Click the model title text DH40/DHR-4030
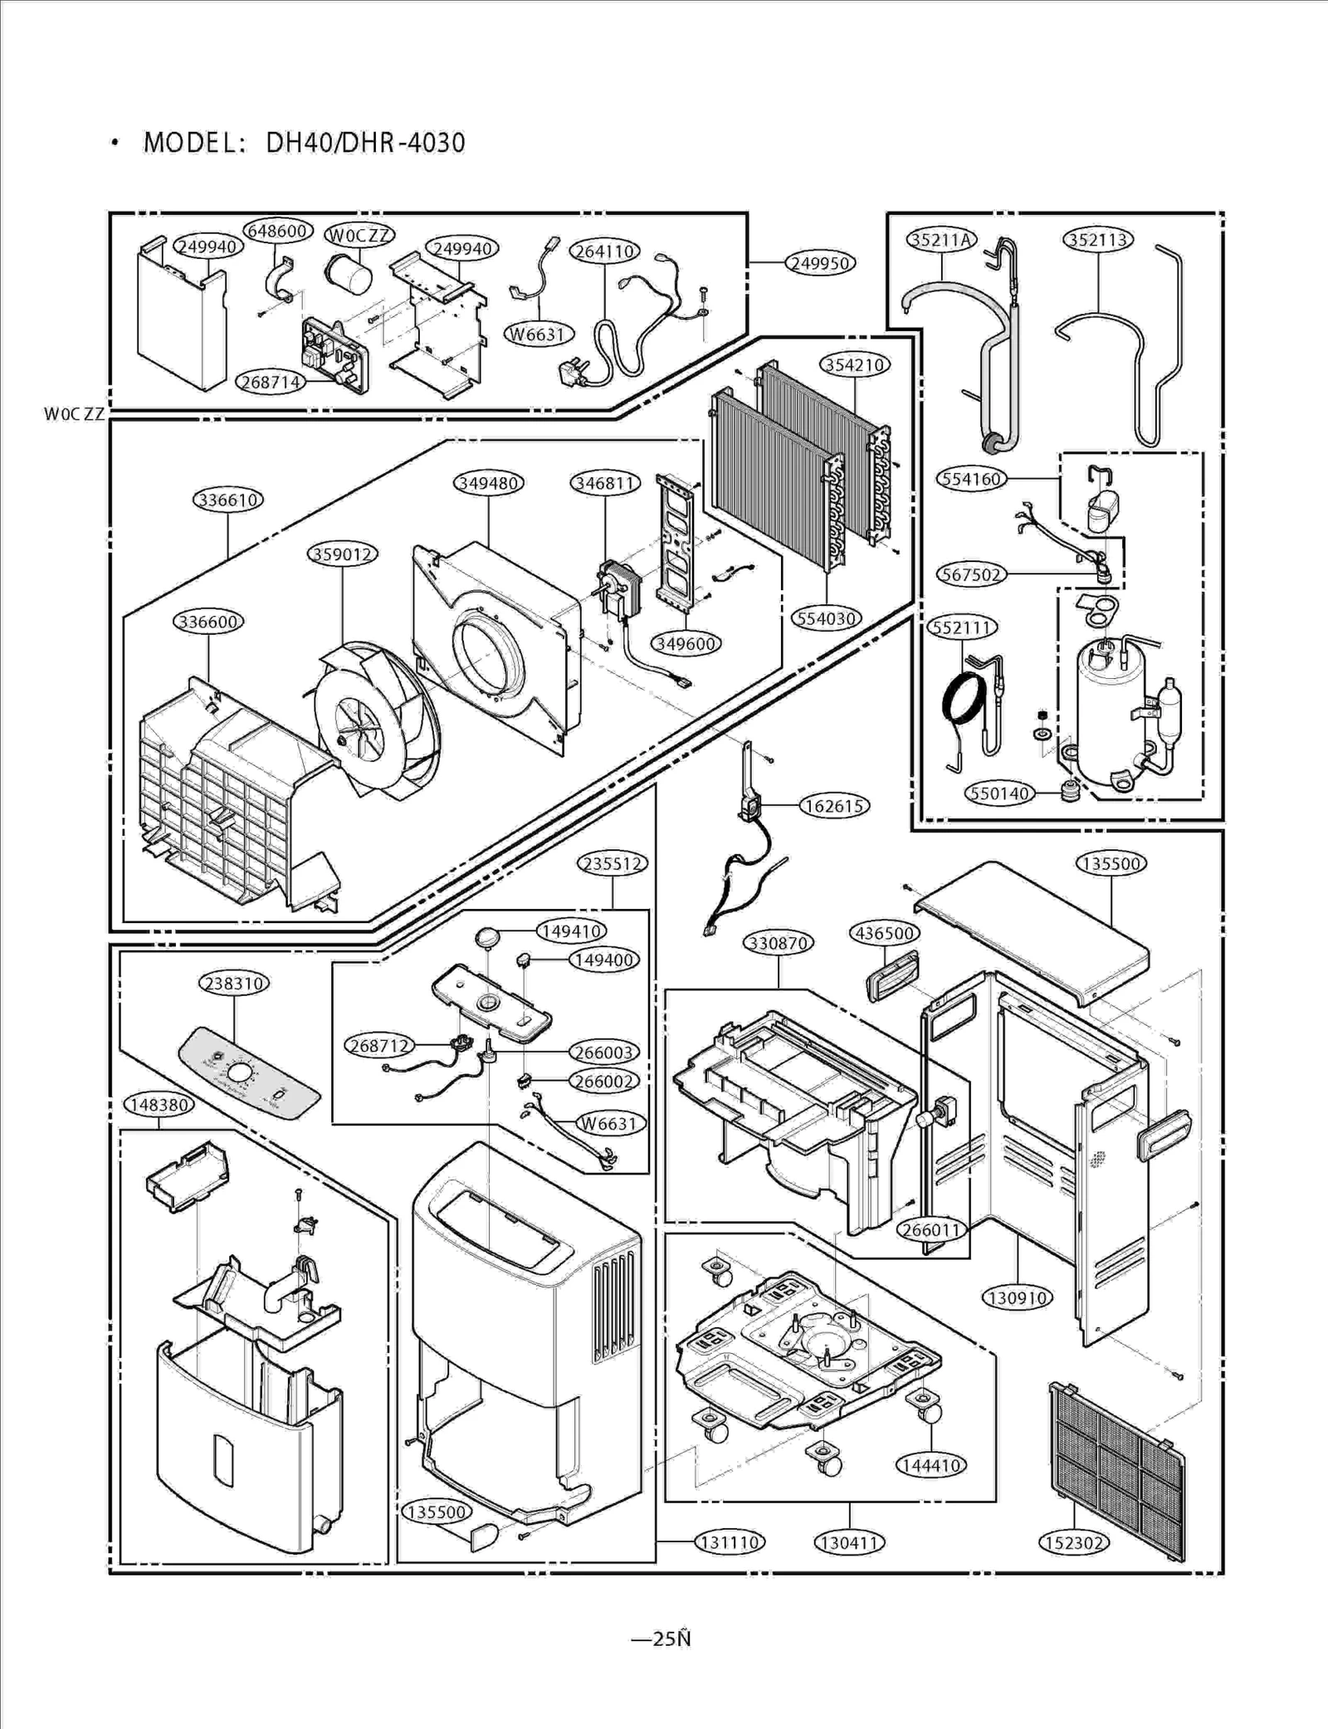click(365, 143)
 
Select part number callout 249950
click(820, 263)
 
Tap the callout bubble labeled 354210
click(854, 364)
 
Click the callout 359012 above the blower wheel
click(343, 554)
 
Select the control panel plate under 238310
click(249, 1072)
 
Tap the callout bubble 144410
click(930, 1465)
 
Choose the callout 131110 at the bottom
click(730, 1542)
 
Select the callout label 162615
click(834, 805)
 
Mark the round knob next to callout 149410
click(487, 937)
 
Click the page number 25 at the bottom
click(664, 1639)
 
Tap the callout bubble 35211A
click(941, 240)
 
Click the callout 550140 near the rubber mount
click(999, 793)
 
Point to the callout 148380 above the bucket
click(159, 1104)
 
